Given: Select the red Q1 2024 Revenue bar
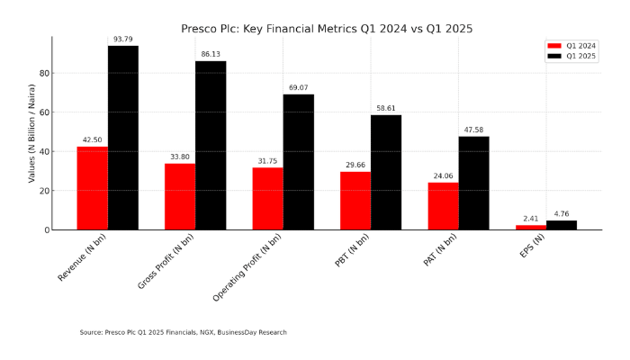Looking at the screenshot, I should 92,188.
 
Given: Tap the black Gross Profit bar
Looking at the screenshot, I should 211,145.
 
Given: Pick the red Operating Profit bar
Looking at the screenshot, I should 267,199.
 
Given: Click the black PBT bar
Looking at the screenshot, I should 386,172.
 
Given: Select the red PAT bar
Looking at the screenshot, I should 443,206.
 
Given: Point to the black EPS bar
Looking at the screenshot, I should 562,225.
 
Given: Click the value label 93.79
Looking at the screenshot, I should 123,40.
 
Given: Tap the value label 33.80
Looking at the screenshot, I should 180,157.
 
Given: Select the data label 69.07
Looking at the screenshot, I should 299,87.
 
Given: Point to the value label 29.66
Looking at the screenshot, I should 355,166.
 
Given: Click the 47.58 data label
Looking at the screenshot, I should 473,130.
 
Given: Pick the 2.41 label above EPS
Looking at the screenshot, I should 531,219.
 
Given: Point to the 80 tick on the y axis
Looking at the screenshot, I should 43,73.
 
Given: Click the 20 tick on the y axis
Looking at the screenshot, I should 43,191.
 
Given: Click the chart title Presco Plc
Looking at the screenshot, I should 327,29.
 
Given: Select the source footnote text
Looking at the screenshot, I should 183,332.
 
